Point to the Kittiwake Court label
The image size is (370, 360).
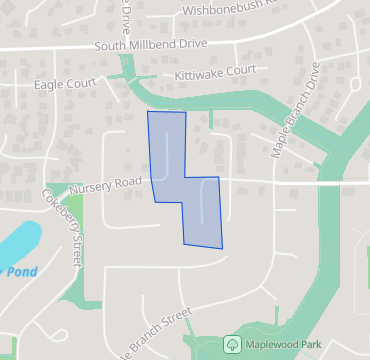(x=215, y=73)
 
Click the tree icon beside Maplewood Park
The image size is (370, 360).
(x=231, y=343)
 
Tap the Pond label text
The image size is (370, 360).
(x=14, y=270)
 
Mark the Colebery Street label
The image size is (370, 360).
(x=63, y=229)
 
